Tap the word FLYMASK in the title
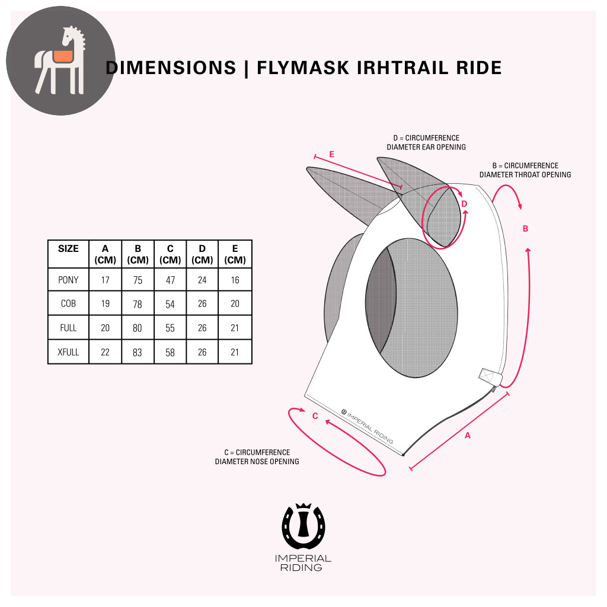pyautogui.click(x=296, y=68)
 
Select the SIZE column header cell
pyautogui.click(x=68, y=249)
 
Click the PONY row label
pyautogui.click(x=68, y=280)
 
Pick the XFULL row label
pyautogui.click(x=68, y=352)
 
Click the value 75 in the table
pyautogui.click(x=138, y=280)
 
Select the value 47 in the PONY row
pyautogui.click(x=170, y=280)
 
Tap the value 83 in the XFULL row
pyautogui.click(x=138, y=352)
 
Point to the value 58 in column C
pyautogui.click(x=170, y=352)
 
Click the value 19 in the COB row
pyautogui.click(x=105, y=303)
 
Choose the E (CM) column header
pyautogui.click(x=235, y=254)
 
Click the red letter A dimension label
pyautogui.click(x=467, y=436)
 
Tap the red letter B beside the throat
pyautogui.click(x=525, y=229)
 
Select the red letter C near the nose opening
pyautogui.click(x=315, y=416)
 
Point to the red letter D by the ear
pyautogui.click(x=464, y=204)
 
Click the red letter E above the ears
pyautogui.click(x=331, y=155)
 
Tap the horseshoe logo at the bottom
pyautogui.click(x=303, y=526)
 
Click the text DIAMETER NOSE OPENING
pyautogui.click(x=257, y=461)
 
